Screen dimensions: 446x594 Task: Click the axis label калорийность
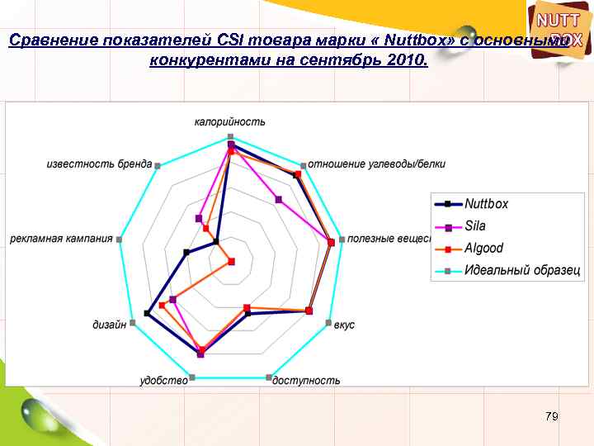[230, 122]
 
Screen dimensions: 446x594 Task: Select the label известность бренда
[99, 164]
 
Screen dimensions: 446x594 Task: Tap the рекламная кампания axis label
[61, 240]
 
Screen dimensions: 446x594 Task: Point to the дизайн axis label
[109, 325]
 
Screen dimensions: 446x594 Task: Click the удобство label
[163, 380]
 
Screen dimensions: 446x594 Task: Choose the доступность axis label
[306, 381]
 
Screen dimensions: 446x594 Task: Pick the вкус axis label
[345, 325]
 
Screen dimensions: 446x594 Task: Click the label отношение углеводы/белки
[377, 164]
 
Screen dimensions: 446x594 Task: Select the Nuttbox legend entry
[486, 204]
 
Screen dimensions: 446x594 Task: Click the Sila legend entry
[475, 225]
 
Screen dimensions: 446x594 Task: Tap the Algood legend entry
[483, 248]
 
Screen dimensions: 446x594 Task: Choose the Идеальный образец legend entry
[521, 270]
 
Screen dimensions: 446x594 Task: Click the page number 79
[552, 416]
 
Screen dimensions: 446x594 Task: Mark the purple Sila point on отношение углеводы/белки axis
[279, 199]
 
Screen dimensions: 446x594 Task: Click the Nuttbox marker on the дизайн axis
[146, 313]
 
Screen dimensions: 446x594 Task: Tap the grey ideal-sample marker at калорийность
[231, 135]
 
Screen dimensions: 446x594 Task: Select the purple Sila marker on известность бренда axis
[198, 218]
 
